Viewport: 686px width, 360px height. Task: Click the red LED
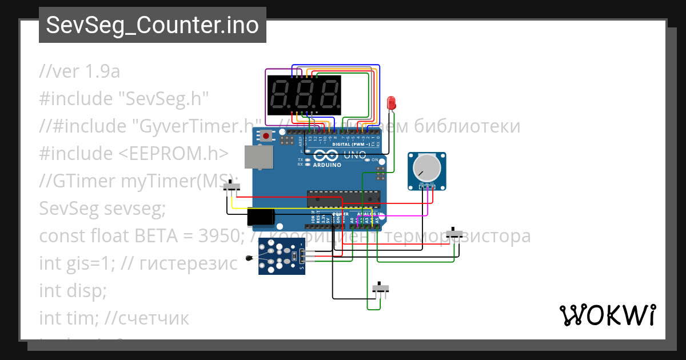pyautogui.click(x=392, y=103)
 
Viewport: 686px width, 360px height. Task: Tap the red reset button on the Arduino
pyautogui.click(x=266, y=136)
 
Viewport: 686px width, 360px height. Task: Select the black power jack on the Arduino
pyautogui.click(x=261, y=217)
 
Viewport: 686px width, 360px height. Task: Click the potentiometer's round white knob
pyautogui.click(x=425, y=167)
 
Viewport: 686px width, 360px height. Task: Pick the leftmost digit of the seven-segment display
pyautogui.click(x=280, y=95)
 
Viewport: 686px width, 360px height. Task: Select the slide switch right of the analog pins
pyautogui.click(x=454, y=234)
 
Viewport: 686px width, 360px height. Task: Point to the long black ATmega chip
pyautogui.click(x=343, y=198)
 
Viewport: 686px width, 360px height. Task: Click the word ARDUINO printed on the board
pyautogui.click(x=327, y=165)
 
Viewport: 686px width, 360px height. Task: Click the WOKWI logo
pyautogui.click(x=607, y=315)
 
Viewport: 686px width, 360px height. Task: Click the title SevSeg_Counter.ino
pyautogui.click(x=152, y=25)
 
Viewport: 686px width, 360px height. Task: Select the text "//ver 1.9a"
pyautogui.click(x=79, y=71)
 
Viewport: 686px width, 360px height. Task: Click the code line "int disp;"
pyautogui.click(x=73, y=290)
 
